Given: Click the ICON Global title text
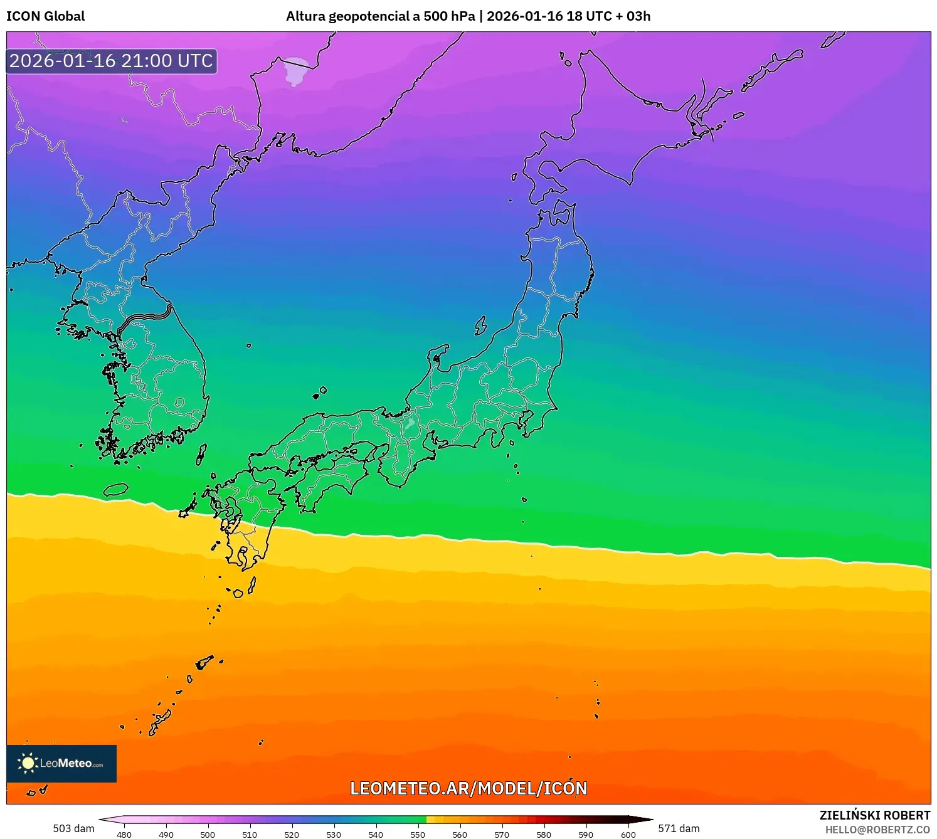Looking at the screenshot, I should [46, 16].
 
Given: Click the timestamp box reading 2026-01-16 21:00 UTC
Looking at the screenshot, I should [112, 61].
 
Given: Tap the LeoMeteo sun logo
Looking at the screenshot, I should [28, 762].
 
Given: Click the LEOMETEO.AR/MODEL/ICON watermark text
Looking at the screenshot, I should [468, 788].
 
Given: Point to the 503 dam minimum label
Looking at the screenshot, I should [73, 828].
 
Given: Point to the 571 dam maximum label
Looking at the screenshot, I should [679, 828].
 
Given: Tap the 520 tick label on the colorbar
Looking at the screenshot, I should [292, 835].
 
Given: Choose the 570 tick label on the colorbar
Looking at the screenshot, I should [502, 835].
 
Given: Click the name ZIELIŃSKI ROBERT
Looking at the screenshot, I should [875, 815].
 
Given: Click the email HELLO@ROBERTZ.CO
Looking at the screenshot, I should [877, 830].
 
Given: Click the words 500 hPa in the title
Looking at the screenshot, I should [449, 16].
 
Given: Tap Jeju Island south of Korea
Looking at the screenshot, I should [115, 489].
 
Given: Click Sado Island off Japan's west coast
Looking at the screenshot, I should [480, 325].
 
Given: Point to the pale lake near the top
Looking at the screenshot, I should [295, 71].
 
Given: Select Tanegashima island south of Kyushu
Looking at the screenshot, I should [252, 585].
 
